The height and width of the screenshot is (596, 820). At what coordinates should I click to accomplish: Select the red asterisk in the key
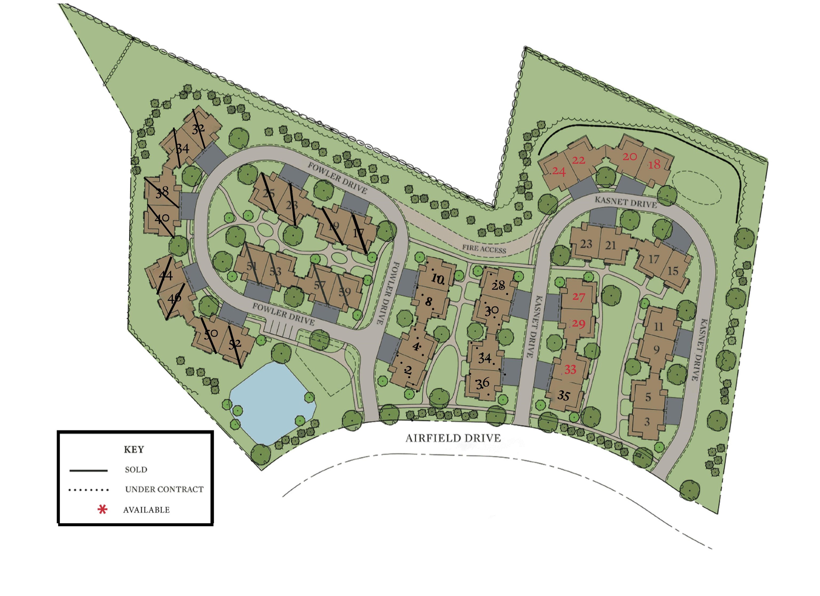(103, 510)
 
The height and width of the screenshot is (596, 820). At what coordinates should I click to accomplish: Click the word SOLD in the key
(136, 470)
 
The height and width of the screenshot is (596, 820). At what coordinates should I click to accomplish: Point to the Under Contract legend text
(164, 489)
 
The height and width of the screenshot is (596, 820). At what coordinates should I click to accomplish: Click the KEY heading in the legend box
(134, 450)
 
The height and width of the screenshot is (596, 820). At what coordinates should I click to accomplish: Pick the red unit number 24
(559, 171)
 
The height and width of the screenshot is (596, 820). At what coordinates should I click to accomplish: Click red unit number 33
(570, 369)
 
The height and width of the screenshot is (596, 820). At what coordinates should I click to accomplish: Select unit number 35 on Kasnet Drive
(563, 396)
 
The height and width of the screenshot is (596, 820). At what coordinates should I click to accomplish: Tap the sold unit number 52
(235, 343)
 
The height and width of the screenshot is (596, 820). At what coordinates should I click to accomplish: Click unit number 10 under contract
(437, 279)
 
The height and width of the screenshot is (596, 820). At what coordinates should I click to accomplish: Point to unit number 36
(482, 383)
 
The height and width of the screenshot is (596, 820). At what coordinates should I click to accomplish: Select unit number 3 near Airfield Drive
(647, 422)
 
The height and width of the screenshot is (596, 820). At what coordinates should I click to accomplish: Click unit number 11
(659, 327)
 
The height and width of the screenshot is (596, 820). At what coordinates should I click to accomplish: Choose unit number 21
(610, 245)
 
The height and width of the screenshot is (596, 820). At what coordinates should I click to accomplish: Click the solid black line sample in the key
(89, 471)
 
